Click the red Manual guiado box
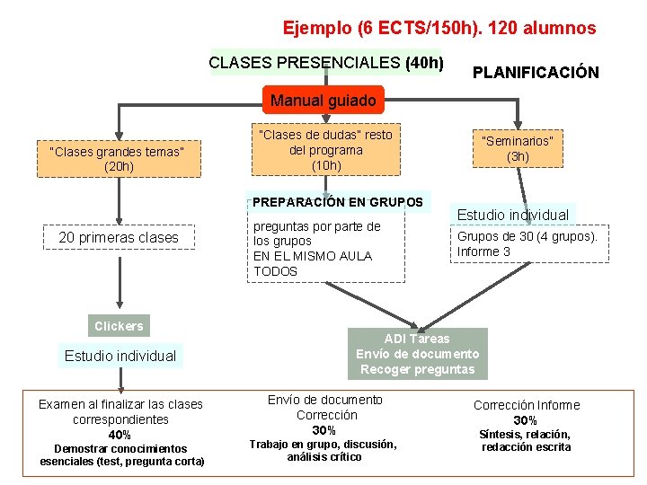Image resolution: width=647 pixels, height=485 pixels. tap(323, 101)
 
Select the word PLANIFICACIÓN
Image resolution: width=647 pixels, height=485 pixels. tap(536, 72)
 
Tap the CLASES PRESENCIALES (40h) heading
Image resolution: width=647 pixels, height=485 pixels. tap(325, 63)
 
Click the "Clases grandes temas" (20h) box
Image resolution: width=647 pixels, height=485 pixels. tap(117, 159)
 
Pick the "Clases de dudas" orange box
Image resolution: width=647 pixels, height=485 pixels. tap(325, 150)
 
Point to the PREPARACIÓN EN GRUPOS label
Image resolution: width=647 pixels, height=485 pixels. tap(337, 202)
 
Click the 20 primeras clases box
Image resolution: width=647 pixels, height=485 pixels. tap(119, 237)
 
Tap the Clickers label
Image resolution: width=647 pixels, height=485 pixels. tap(119, 326)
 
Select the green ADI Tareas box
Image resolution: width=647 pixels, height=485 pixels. tap(417, 354)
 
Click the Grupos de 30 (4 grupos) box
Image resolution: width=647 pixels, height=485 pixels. tap(527, 244)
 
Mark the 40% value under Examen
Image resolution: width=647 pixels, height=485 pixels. tap(120, 435)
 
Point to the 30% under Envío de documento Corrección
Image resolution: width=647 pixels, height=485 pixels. tap(323, 430)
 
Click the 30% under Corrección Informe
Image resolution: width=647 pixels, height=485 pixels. tap(526, 420)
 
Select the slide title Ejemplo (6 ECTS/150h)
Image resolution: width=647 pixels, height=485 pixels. tap(439, 28)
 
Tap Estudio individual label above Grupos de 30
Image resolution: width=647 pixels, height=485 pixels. tap(512, 215)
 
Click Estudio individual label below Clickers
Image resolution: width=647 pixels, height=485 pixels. tap(120, 356)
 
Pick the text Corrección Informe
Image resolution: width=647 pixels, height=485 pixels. tap(527, 405)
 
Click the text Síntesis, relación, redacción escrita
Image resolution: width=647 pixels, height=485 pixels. tap(526, 441)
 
